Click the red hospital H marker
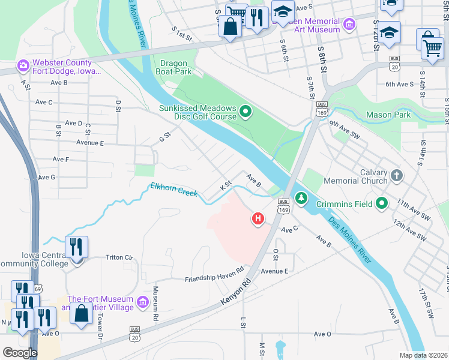258,219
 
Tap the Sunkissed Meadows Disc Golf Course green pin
246,112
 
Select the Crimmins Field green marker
382,204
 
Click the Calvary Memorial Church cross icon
396,176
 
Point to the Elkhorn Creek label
174,190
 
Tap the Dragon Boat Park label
176,67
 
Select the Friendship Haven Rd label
214,274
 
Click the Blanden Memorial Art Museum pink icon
349,25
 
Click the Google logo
20,353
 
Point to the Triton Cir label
119,257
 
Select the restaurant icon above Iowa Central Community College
77,246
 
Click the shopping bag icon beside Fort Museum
81,312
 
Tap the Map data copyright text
423,355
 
